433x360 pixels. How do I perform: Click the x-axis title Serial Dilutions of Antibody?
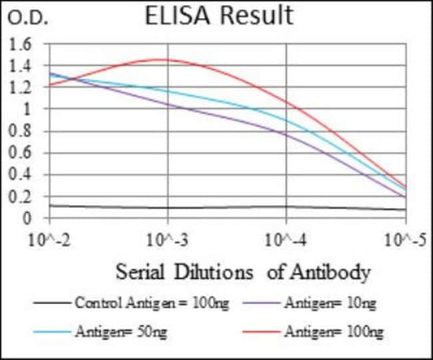[x=242, y=272]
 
